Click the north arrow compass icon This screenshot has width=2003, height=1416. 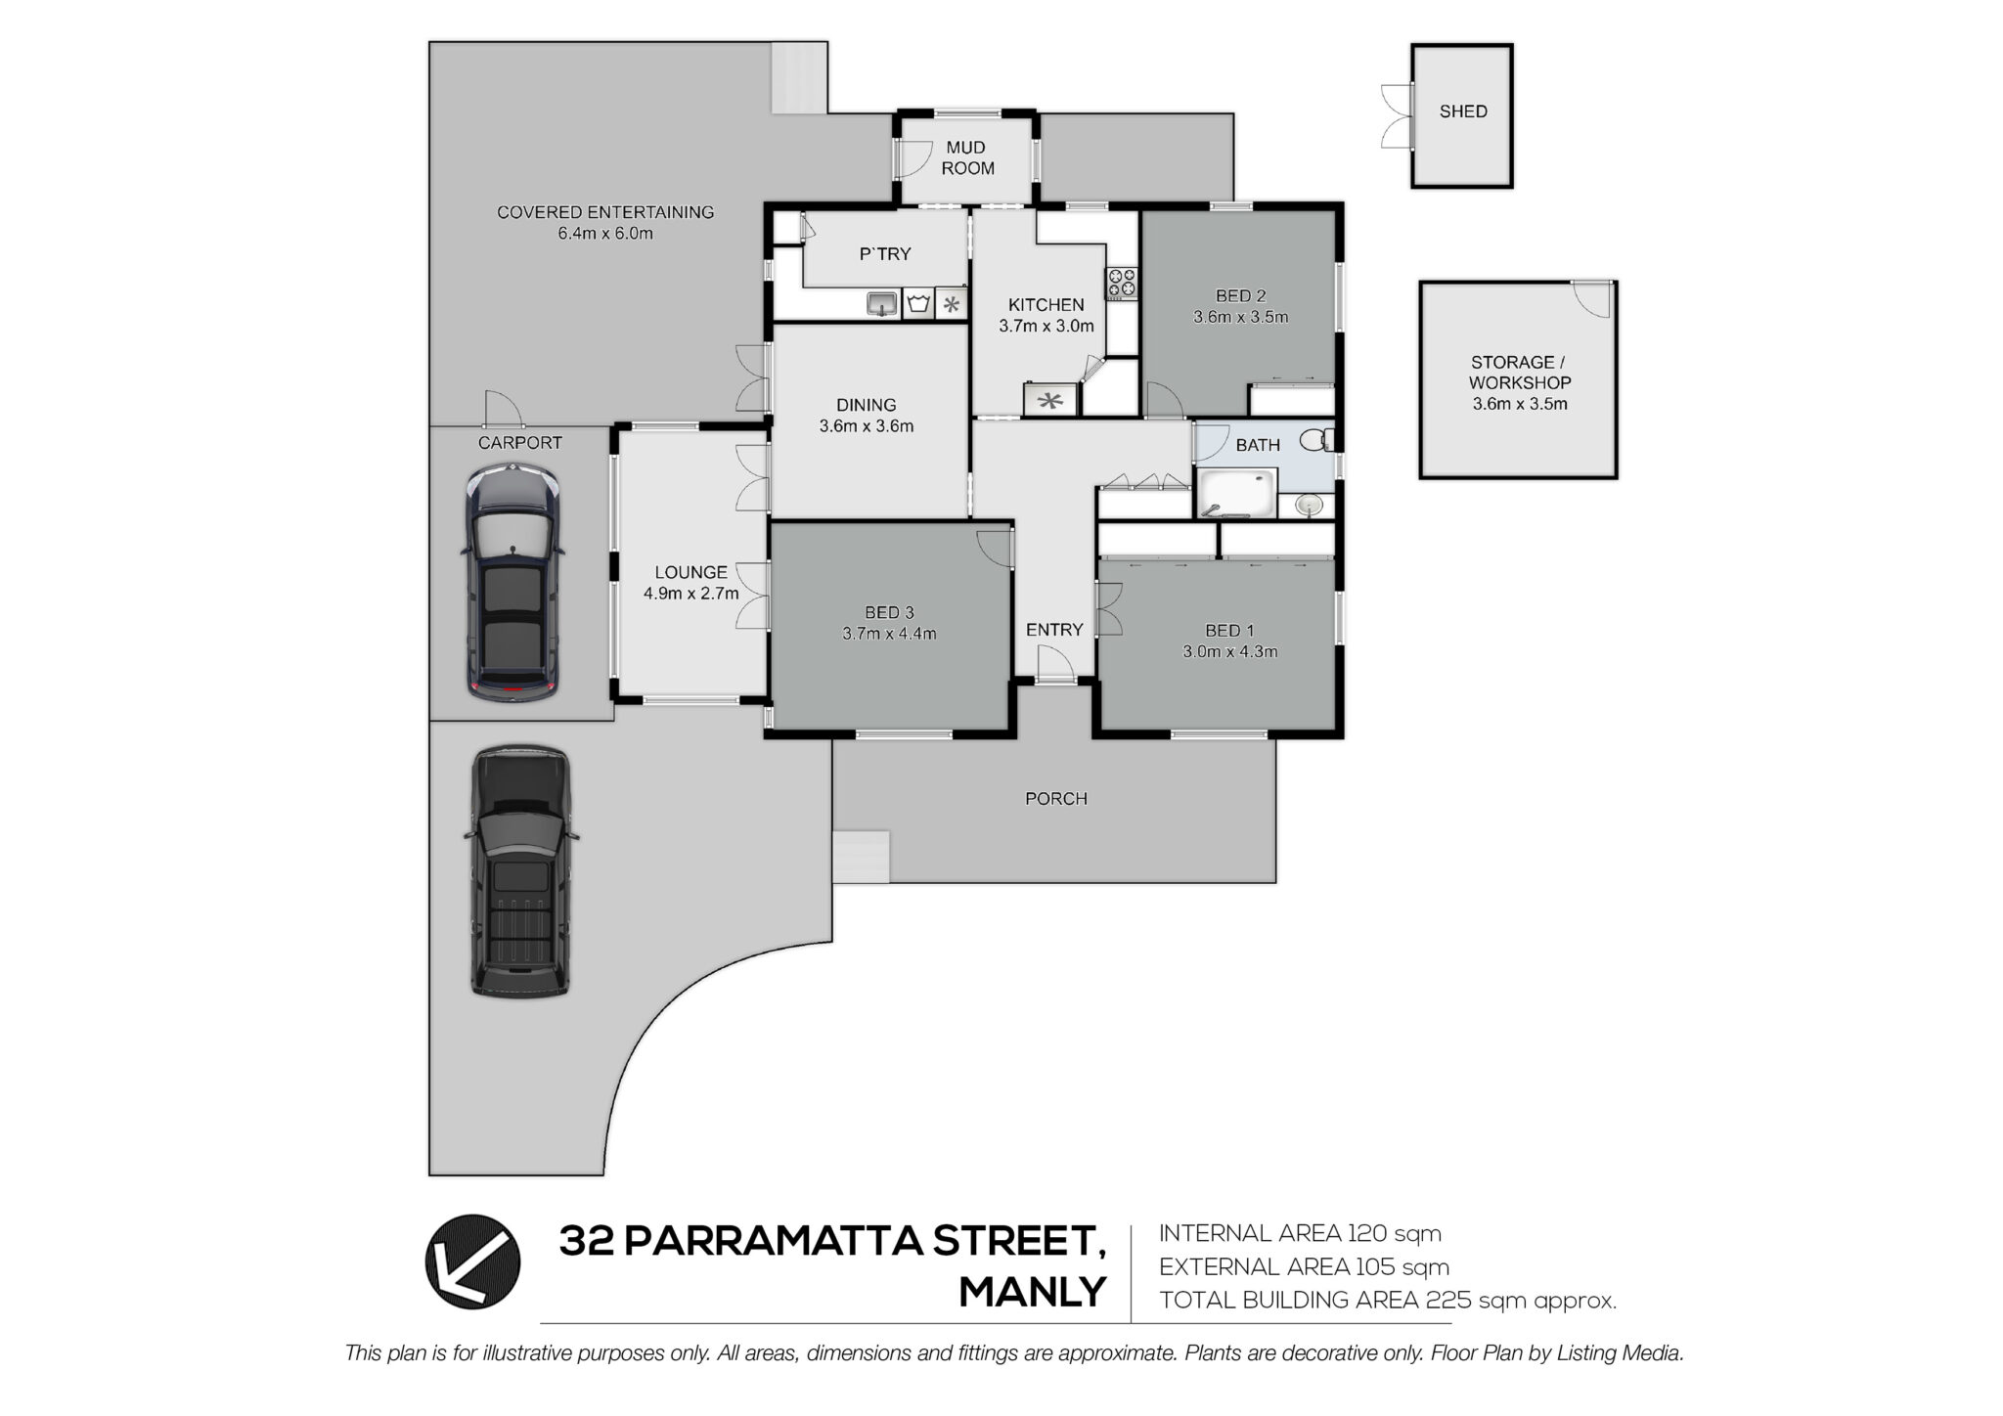point(472,1261)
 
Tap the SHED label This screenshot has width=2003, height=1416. point(1463,111)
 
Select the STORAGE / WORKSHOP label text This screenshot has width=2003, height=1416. point(1520,373)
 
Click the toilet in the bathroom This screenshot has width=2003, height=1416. point(1316,441)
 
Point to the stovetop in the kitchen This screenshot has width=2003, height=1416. point(1121,284)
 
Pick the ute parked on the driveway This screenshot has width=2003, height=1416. point(520,872)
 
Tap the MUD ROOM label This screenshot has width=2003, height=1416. point(967,157)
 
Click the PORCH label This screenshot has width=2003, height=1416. point(1056,799)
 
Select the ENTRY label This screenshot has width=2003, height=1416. point(1054,630)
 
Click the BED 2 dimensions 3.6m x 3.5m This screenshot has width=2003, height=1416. point(1240,317)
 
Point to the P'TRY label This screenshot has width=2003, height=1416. point(885,254)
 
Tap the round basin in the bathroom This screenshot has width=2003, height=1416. point(1309,505)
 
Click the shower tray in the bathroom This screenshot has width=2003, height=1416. point(1237,493)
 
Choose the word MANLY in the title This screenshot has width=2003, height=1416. point(1033,1292)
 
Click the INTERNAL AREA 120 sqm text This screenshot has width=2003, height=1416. point(1300,1233)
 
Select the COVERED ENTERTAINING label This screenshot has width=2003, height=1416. point(605,212)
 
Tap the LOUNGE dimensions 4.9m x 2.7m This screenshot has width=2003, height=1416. point(691,593)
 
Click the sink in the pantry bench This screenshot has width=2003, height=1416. point(882,303)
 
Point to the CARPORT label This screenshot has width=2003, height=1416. point(520,443)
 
